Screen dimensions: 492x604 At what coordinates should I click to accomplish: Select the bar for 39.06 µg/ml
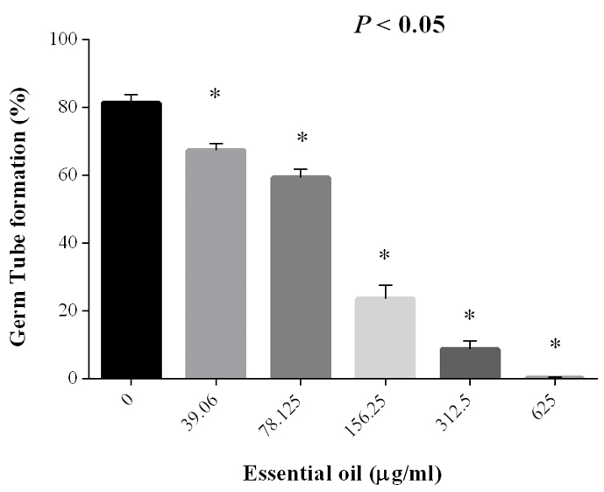point(215,263)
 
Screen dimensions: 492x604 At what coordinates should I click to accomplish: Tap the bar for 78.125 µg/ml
point(300,276)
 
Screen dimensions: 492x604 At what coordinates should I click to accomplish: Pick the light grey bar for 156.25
point(385,338)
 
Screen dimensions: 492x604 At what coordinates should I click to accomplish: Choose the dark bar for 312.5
point(470,362)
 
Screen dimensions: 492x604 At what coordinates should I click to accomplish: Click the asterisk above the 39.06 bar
point(216,94)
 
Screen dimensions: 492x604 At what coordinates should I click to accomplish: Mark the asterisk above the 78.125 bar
point(302,139)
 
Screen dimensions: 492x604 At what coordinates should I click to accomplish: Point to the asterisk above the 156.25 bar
point(384,256)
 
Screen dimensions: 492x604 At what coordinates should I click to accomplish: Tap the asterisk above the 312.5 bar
point(469,316)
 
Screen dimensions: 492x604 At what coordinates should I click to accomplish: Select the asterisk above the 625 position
point(554,345)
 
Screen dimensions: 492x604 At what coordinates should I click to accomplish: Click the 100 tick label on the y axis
point(68,40)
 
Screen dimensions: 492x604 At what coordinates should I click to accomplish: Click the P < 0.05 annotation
point(399,25)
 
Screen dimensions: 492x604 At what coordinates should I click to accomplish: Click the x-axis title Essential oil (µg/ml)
point(342,474)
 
